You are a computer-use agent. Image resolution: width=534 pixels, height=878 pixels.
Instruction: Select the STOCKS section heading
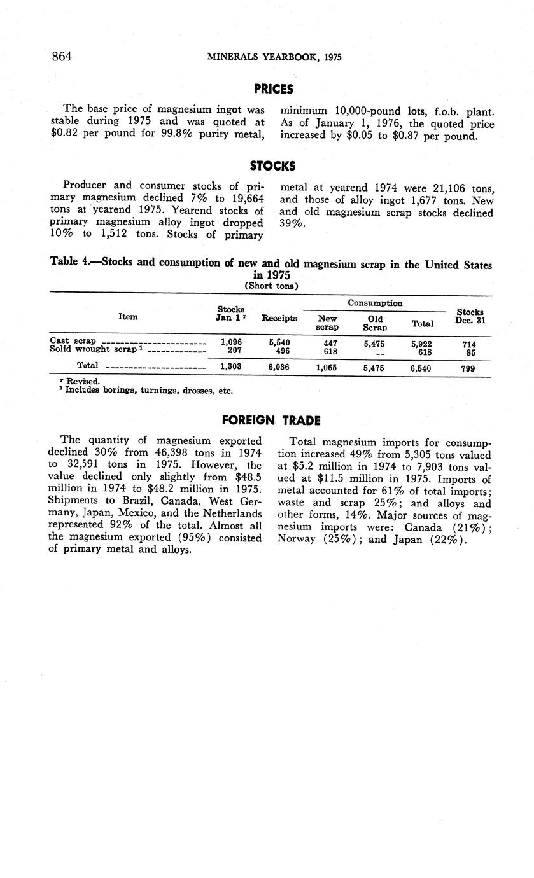(x=272, y=166)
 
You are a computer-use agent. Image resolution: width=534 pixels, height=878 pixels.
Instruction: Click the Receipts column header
(x=279, y=318)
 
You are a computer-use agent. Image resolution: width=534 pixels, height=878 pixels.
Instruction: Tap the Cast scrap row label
(x=73, y=341)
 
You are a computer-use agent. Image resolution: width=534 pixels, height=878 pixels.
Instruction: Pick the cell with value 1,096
(x=230, y=342)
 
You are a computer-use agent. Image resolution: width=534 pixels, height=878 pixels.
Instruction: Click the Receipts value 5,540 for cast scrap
(x=280, y=342)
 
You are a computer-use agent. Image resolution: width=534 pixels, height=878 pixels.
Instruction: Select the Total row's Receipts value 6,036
(x=280, y=368)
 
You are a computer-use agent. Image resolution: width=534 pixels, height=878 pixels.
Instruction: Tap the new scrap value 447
(x=327, y=342)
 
